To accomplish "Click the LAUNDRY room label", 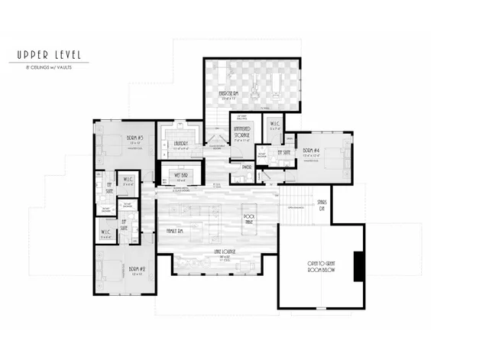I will [181, 142].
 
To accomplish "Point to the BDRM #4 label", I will [310, 151].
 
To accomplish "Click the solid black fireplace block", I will [357, 265].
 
